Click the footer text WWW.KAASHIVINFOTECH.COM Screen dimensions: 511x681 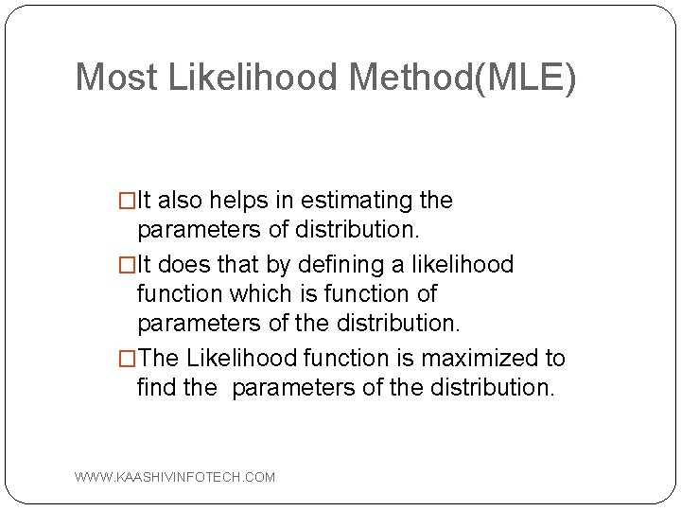click(x=175, y=477)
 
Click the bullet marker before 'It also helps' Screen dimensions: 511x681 click(x=127, y=202)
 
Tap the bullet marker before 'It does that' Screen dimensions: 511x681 click(x=127, y=265)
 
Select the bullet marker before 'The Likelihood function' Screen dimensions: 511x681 click(x=127, y=359)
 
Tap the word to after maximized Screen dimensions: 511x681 click(x=555, y=358)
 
